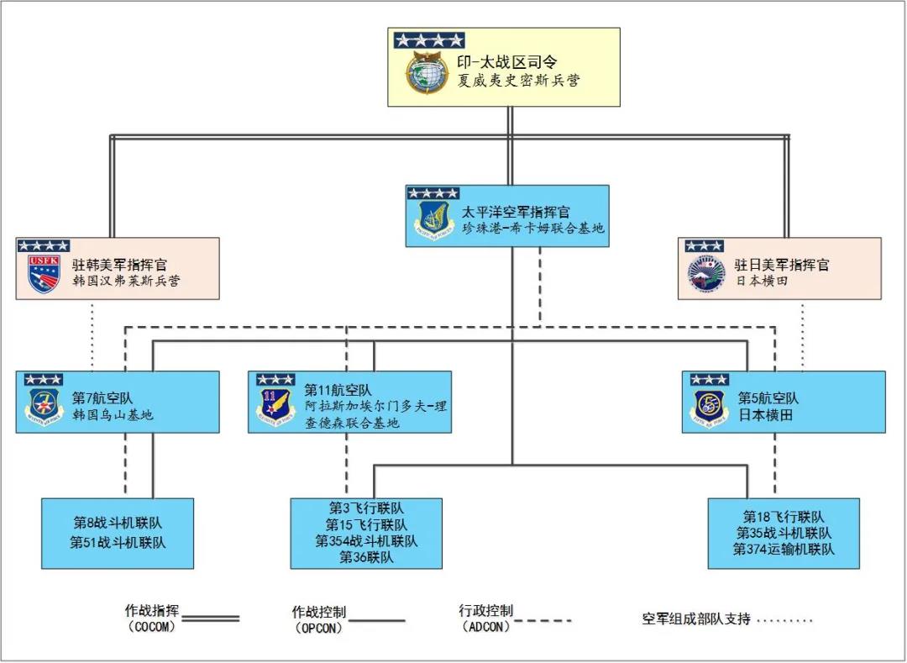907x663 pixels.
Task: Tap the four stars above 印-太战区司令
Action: (x=429, y=39)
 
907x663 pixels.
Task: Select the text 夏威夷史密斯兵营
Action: (x=518, y=82)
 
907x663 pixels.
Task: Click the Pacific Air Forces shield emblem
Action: (x=433, y=221)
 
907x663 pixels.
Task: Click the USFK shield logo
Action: (x=44, y=273)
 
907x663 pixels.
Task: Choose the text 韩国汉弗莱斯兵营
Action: (x=126, y=281)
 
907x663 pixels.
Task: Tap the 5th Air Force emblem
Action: (x=710, y=407)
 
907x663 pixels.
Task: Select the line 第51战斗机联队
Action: (x=118, y=543)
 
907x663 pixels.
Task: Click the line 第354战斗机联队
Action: (x=366, y=541)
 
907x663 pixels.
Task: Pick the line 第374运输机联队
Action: (x=784, y=550)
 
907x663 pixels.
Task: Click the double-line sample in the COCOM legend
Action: (x=211, y=618)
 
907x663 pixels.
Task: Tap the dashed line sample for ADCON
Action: (x=543, y=621)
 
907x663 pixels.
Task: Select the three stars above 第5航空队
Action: (x=710, y=380)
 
